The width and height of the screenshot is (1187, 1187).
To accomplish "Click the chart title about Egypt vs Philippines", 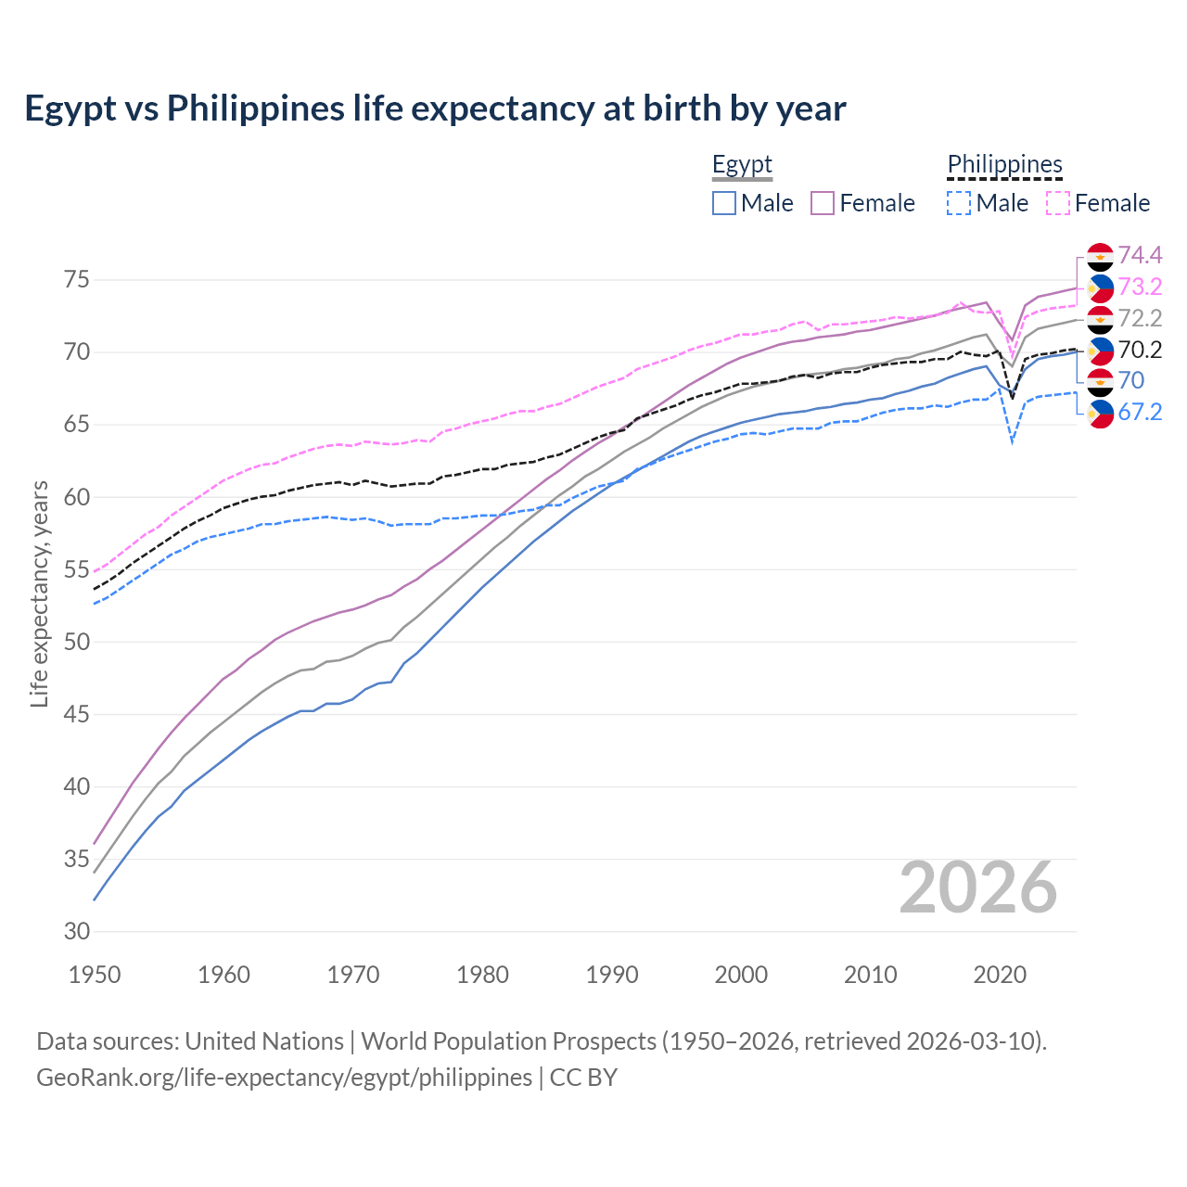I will tap(435, 108).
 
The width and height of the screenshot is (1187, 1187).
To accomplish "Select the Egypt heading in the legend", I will tap(742, 165).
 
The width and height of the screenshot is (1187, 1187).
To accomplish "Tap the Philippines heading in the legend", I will tap(1004, 165).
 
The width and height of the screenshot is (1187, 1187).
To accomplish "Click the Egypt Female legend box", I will tap(823, 203).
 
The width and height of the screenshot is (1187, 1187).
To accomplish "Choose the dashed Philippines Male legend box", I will tap(959, 203).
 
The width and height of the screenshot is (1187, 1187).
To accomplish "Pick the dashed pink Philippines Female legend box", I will tap(1058, 203).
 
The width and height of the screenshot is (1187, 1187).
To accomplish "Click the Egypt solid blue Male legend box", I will tap(724, 203).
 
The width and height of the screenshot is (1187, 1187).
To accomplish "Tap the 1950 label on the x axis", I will tap(95, 975).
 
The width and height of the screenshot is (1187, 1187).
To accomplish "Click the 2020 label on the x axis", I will tap(1000, 975).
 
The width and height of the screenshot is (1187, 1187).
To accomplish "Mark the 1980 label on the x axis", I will tap(482, 975).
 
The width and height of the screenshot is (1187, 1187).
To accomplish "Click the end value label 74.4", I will tap(1140, 255).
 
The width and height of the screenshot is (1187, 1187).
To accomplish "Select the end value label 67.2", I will tap(1140, 412).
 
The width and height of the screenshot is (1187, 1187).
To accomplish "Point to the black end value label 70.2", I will tap(1140, 350).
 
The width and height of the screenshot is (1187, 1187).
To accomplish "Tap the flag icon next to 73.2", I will tap(1100, 288).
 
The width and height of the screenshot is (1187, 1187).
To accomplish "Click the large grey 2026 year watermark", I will tap(978, 887).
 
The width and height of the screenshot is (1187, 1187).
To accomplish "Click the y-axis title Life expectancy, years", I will tap(40, 593).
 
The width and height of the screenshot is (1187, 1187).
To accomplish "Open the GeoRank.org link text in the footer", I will tap(284, 1078).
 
